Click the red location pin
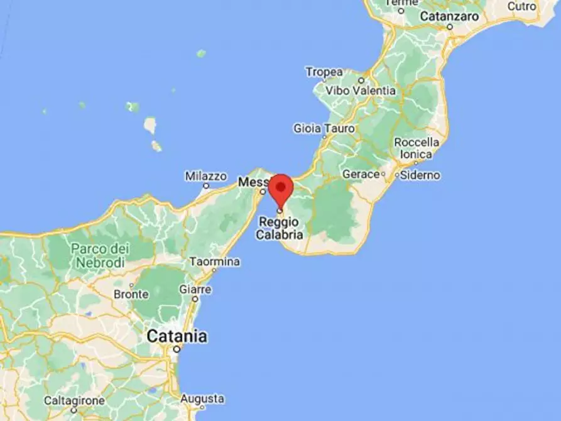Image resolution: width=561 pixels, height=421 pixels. (281, 187)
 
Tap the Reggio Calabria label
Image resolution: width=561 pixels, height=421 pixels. (280, 229)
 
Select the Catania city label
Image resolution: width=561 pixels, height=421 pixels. (177, 336)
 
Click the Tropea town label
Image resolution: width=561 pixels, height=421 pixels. (324, 72)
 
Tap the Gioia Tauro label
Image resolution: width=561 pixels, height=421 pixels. (324, 128)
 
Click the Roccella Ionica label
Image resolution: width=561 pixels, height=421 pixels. (413, 148)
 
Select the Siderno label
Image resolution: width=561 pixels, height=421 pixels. (420, 175)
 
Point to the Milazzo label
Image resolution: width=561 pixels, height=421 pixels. (205, 177)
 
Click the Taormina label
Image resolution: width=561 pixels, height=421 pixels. (215, 261)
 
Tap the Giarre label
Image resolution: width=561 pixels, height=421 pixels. (195, 290)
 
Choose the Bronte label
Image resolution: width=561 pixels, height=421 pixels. (131, 294)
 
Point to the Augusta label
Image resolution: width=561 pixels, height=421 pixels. (202, 399)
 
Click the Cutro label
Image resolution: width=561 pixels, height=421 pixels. (522, 6)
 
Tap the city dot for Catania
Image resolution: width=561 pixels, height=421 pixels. (177, 349)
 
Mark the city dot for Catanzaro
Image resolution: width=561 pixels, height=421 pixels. (450, 27)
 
